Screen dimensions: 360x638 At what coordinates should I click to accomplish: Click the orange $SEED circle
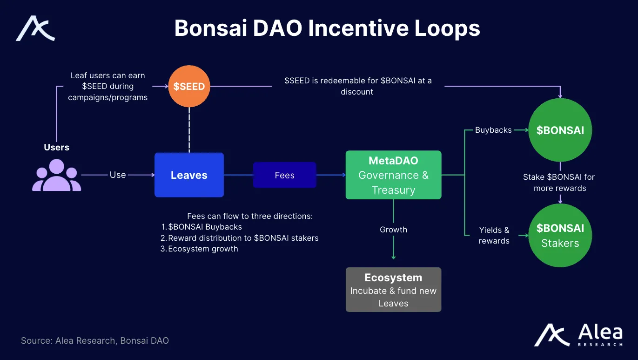(189, 87)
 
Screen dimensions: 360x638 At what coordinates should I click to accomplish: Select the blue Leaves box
(189, 175)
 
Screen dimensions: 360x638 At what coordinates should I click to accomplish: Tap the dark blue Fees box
(284, 175)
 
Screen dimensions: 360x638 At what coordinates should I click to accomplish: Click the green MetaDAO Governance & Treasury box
(393, 175)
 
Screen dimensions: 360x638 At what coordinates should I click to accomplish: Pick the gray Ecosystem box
(393, 290)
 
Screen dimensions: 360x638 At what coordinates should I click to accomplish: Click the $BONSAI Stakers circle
(560, 236)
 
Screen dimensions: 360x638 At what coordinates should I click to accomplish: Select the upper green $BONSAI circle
(560, 130)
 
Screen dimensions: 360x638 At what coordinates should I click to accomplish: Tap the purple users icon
(56, 176)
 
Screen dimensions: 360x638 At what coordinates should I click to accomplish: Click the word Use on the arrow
(118, 175)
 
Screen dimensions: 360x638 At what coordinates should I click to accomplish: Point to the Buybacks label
(493, 130)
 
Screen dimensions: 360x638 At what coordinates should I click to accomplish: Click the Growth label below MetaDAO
(393, 230)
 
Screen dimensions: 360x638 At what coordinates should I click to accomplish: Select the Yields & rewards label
(494, 235)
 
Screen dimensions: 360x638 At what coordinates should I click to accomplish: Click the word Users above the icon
(56, 147)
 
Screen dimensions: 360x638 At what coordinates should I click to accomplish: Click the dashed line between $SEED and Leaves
(189, 130)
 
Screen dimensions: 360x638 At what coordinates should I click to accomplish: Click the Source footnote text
(95, 340)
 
